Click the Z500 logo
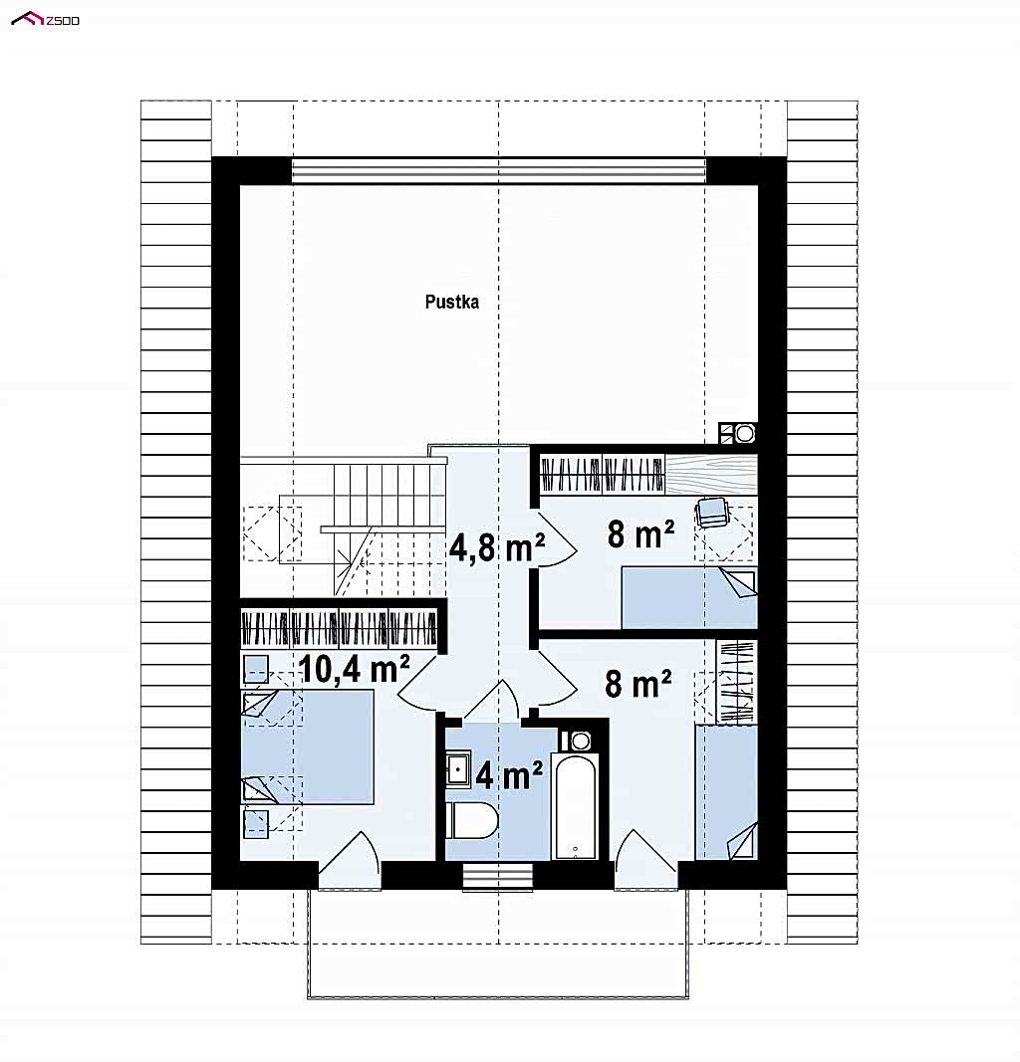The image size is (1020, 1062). pyautogui.click(x=46, y=19)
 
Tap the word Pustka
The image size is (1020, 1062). pyautogui.click(x=451, y=302)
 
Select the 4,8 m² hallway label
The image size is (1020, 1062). pyautogui.click(x=497, y=547)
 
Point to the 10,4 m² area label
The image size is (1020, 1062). pyautogui.click(x=353, y=669)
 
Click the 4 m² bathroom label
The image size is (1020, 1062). pyautogui.click(x=509, y=774)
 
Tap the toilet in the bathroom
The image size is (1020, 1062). pyautogui.click(x=472, y=821)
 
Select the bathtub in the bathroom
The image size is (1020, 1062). pyautogui.click(x=575, y=806)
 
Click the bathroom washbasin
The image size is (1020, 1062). pyautogui.click(x=458, y=768)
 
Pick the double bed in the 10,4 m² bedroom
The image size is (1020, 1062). pyautogui.click(x=308, y=747)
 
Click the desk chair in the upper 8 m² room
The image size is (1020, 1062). pyautogui.click(x=712, y=512)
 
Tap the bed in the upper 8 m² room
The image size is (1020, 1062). pyautogui.click(x=689, y=597)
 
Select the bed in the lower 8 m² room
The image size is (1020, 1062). pyautogui.click(x=726, y=792)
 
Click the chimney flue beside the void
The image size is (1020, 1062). pyautogui.click(x=737, y=433)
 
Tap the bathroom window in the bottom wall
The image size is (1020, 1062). pyautogui.click(x=498, y=877)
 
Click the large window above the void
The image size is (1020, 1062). pyautogui.click(x=499, y=170)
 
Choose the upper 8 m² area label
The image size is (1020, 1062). pyautogui.click(x=639, y=534)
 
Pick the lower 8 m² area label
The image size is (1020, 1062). pyautogui.click(x=637, y=684)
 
